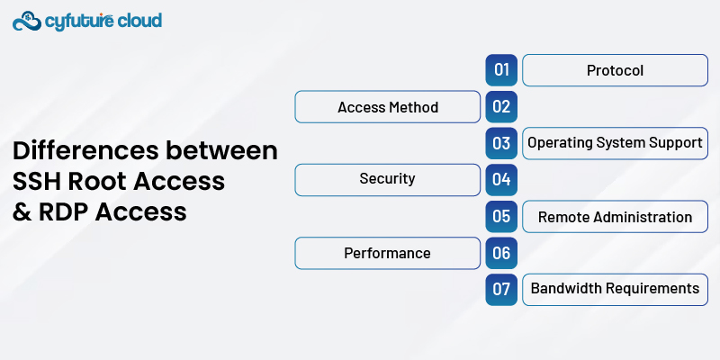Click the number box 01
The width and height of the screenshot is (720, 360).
pyautogui.click(x=501, y=70)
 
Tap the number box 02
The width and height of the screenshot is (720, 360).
pyautogui.click(x=501, y=107)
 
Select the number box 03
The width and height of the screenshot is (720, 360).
pyautogui.click(x=501, y=143)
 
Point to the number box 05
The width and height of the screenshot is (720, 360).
pyautogui.click(x=501, y=217)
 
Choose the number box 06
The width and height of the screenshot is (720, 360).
pyautogui.click(x=501, y=254)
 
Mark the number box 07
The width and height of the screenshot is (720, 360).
pyautogui.click(x=501, y=290)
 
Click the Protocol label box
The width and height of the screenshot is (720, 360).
pyautogui.click(x=615, y=70)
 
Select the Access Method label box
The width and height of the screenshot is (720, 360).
pyautogui.click(x=388, y=107)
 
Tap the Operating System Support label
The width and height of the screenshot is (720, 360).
pyautogui.click(x=615, y=143)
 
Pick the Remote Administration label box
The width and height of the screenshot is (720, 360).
pyautogui.click(x=615, y=217)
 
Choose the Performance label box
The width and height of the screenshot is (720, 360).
pyautogui.click(x=388, y=254)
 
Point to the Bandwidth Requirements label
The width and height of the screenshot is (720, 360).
pyautogui.click(x=615, y=290)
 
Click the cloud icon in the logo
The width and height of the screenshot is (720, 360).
pyautogui.click(x=28, y=21)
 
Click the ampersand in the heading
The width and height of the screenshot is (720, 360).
pyautogui.click(x=21, y=211)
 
